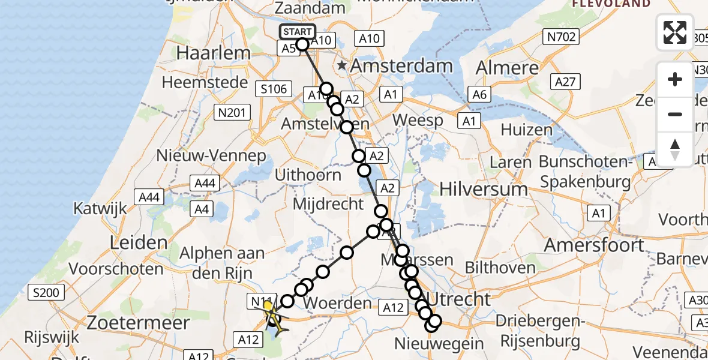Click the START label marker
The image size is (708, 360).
[x=298, y=32]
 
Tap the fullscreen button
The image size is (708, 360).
[x=675, y=32]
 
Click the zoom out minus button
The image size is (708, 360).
[x=675, y=114]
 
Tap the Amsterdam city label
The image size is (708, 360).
[x=401, y=66]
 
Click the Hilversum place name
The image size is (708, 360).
[x=484, y=189]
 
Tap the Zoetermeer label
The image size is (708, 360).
[x=139, y=323]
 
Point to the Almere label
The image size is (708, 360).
[x=508, y=67]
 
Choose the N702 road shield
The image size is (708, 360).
[x=562, y=37]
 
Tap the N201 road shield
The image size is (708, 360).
[x=229, y=112]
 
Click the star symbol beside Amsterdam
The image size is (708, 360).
[x=342, y=65]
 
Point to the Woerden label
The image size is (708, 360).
[x=337, y=303]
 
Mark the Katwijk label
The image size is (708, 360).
[x=100, y=208]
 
